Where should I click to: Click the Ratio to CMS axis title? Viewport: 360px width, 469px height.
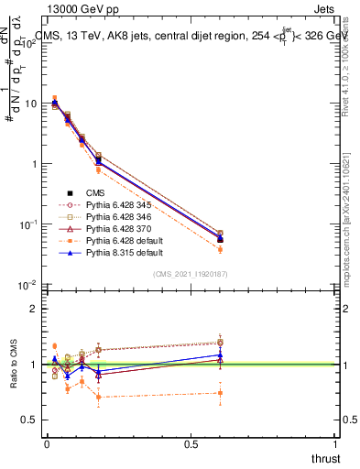click(13, 365)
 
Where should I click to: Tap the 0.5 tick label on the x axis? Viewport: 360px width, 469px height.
click(191, 443)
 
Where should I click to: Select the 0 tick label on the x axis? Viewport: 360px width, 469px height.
click(47, 443)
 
